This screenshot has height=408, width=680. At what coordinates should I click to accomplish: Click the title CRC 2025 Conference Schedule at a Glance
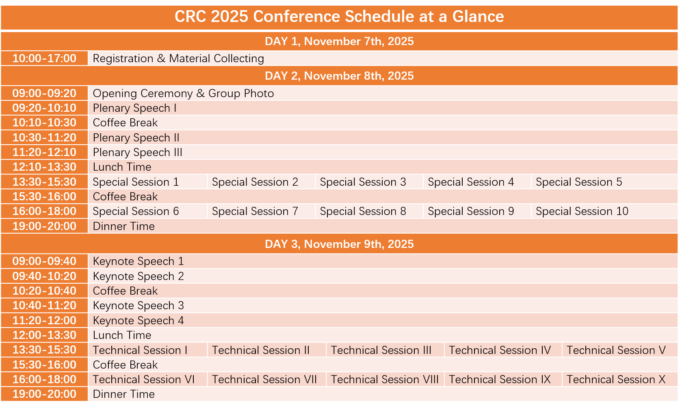click(x=339, y=16)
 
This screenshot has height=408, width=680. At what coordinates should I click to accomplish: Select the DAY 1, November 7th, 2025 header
click(x=339, y=41)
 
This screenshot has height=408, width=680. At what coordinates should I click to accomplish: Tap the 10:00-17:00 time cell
click(x=44, y=59)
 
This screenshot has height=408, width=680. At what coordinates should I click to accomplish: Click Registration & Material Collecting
click(x=178, y=59)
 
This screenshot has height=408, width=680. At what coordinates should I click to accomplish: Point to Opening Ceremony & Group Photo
click(x=183, y=93)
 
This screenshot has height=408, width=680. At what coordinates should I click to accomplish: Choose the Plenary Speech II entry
click(x=136, y=138)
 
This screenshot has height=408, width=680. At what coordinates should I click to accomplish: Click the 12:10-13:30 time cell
click(x=44, y=167)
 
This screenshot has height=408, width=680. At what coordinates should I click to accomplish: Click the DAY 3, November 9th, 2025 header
click(x=339, y=244)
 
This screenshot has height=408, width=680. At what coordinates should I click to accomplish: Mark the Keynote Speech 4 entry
click(x=139, y=321)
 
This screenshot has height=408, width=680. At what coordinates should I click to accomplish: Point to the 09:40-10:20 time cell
click(x=44, y=276)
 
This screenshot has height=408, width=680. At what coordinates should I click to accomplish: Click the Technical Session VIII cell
click(x=385, y=380)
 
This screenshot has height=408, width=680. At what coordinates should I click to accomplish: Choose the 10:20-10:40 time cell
click(x=44, y=291)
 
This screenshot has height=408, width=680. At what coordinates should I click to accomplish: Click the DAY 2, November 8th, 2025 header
click(x=339, y=76)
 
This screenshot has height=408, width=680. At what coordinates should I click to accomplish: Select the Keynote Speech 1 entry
click(x=139, y=261)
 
